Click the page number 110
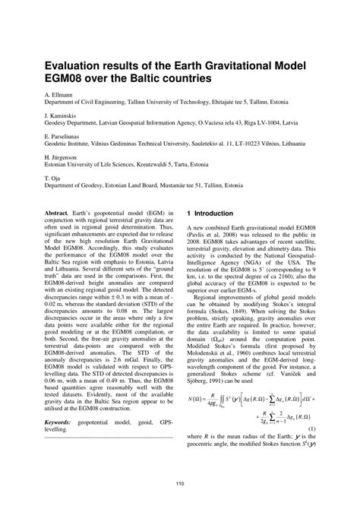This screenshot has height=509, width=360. click(179, 484)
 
